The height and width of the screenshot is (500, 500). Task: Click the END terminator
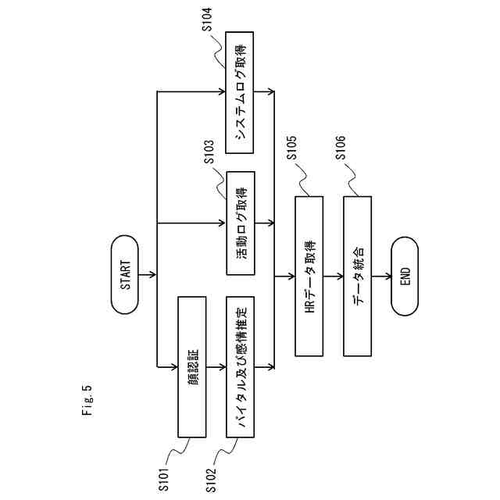click(405, 276)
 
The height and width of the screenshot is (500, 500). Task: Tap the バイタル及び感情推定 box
click(241, 366)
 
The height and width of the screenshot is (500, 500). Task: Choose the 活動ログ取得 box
click(241, 223)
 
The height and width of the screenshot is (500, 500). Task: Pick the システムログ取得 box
click(241, 92)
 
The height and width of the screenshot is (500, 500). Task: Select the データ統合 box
click(357, 275)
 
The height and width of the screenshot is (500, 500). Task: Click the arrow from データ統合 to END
click(381, 276)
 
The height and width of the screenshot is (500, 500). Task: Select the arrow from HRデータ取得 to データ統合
click(333, 276)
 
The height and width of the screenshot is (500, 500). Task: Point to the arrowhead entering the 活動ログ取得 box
click(223, 223)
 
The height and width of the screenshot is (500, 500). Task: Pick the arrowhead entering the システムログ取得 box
click(223, 92)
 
